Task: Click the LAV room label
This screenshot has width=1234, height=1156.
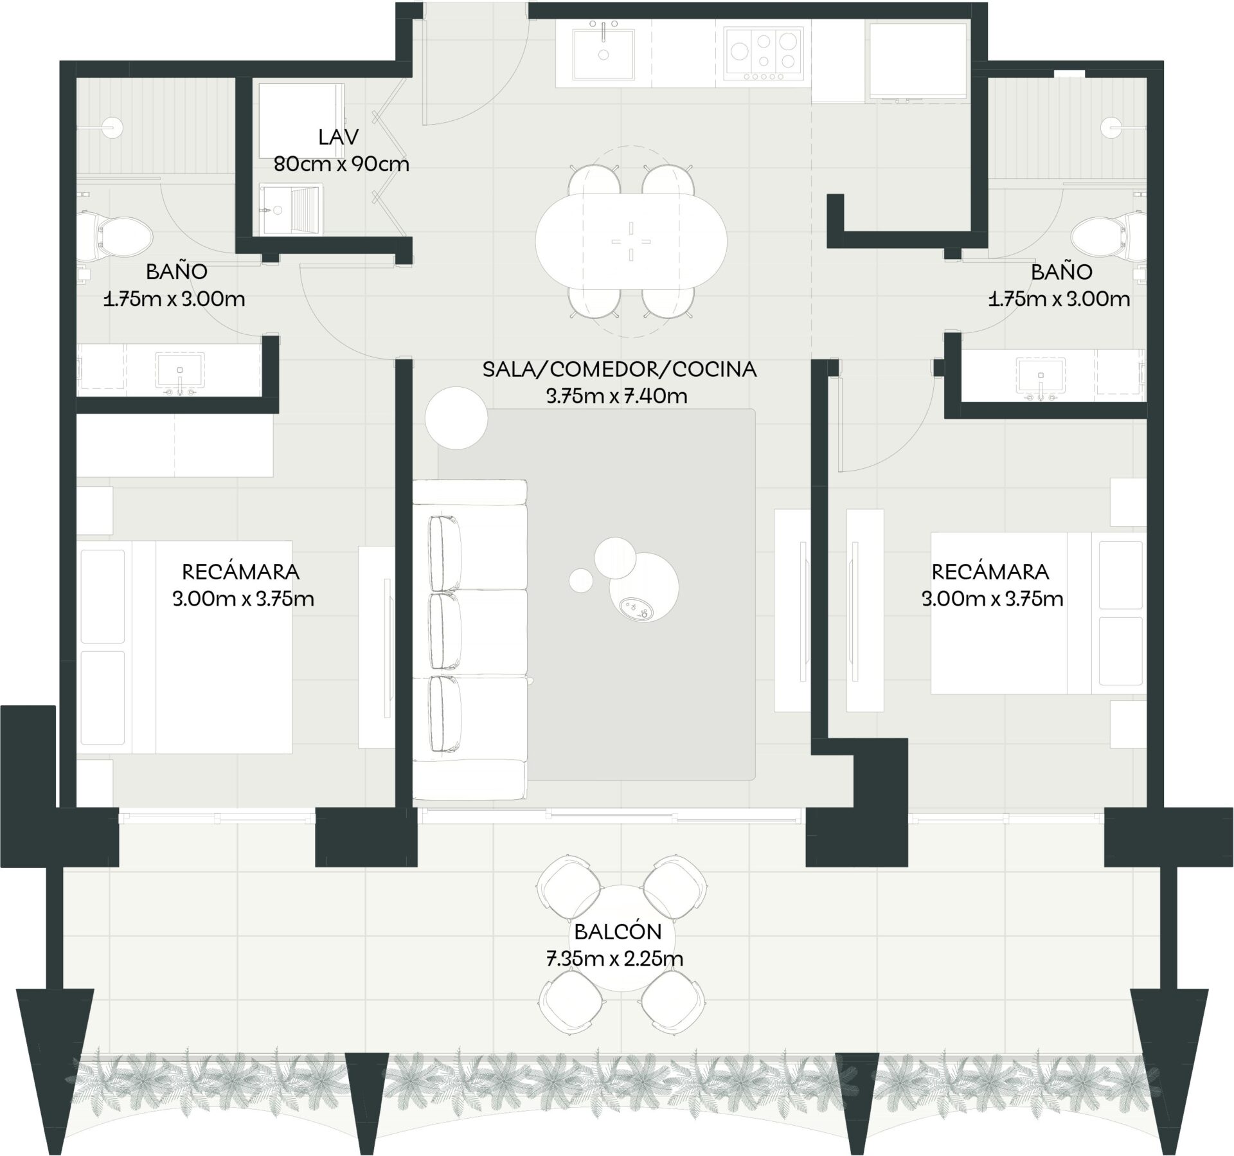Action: [x=338, y=137]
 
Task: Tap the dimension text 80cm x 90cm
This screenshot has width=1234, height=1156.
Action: [x=341, y=164]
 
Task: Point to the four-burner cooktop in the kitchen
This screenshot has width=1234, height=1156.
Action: [x=764, y=54]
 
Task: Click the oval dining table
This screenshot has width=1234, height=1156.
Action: [x=631, y=242]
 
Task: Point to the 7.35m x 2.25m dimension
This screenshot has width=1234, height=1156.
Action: [x=614, y=959]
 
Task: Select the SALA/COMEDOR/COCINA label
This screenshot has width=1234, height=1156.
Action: [x=620, y=369]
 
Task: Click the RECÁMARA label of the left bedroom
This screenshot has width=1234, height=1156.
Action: [x=241, y=571]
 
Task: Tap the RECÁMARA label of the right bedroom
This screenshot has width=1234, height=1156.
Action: [x=990, y=571]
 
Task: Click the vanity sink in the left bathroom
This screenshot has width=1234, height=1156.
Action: [x=180, y=373]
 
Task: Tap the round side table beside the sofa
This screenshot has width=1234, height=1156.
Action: [x=456, y=417]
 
